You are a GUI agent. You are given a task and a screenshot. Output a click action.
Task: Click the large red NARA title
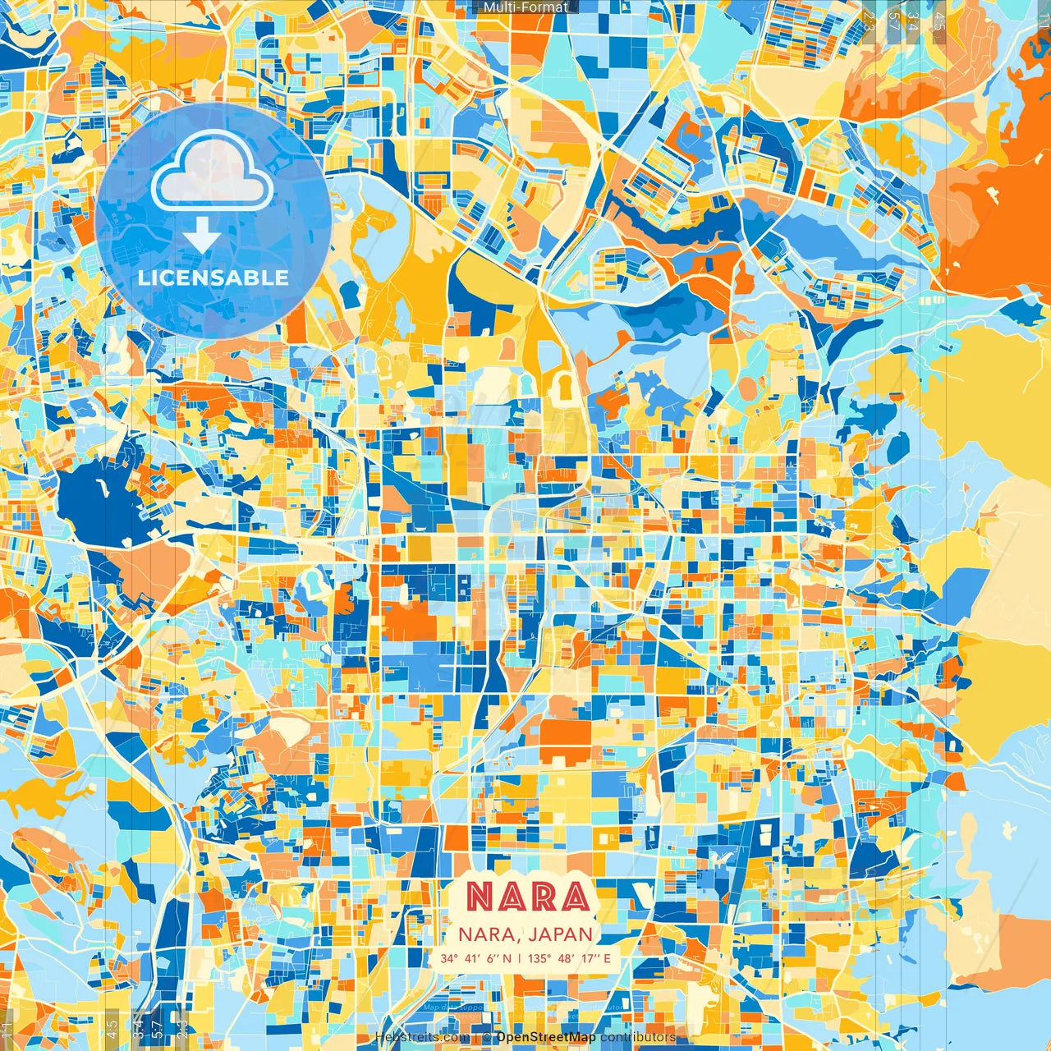point(529,897)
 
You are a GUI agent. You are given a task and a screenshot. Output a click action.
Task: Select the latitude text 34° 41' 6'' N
point(475,958)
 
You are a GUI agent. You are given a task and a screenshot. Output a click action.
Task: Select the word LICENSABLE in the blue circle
point(213,278)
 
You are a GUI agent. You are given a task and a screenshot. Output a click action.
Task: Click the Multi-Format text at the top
point(525,7)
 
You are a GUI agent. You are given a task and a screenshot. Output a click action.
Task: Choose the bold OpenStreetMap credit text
point(545,1037)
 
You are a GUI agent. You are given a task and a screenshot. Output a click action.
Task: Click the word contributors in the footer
point(638,1037)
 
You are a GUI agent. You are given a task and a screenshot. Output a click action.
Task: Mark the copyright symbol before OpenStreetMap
point(486,1037)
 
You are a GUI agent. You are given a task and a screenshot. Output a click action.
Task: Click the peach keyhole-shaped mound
point(504,347)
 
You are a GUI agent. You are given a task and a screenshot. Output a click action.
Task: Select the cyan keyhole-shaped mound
point(313,582)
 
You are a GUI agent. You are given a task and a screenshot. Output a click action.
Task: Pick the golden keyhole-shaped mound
point(565,386)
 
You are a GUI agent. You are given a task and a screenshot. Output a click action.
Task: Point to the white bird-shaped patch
point(723,858)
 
